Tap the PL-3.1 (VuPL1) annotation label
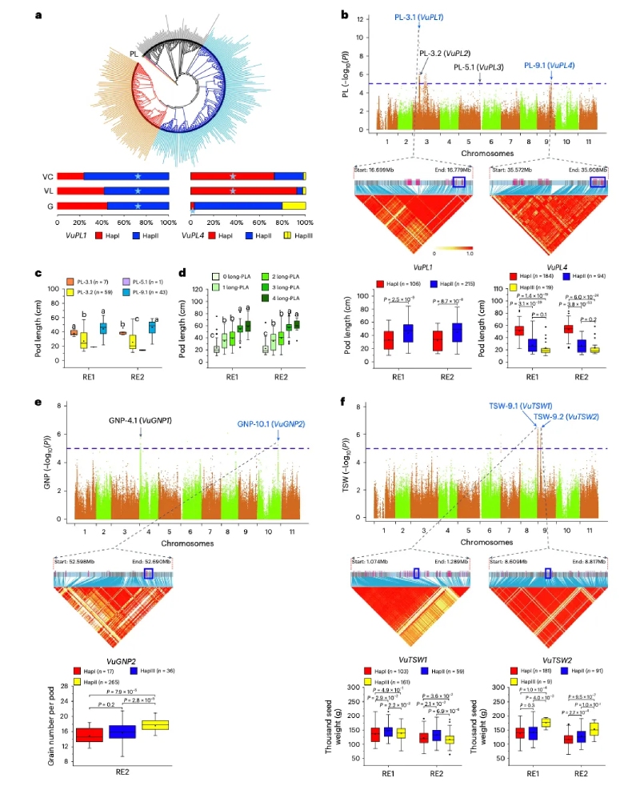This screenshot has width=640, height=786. click(419, 17)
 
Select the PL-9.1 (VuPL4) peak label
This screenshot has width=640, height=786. click(551, 66)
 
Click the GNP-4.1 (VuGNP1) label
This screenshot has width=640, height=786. click(140, 418)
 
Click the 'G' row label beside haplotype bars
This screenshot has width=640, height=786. click(50, 206)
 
